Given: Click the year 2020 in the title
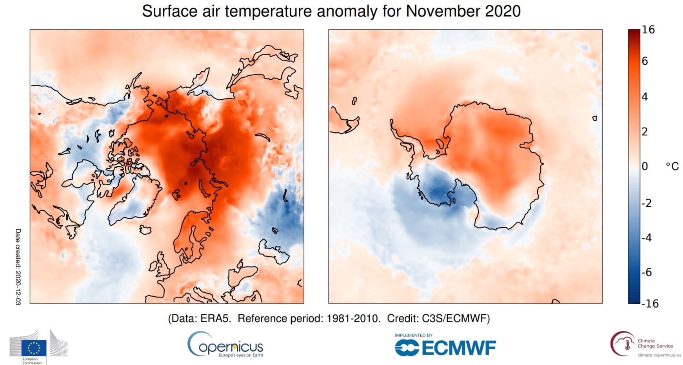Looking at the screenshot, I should tap(503, 11).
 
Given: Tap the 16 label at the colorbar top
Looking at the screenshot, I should tap(648, 30).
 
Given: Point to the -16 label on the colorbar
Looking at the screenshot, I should tap(650, 303).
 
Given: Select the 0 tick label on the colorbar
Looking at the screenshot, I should tap(645, 166).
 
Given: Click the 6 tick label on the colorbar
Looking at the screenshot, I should tap(645, 61).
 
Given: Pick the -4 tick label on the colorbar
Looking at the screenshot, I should tap(647, 237).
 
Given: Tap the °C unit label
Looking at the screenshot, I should tap(672, 166).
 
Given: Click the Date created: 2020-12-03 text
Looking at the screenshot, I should tap(18, 267).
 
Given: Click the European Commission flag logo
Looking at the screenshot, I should tap(34, 347).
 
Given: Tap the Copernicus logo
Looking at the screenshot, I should tap(225, 345).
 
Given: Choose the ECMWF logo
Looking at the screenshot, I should tap(445, 348).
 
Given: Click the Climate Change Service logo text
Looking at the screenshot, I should tap(655, 343).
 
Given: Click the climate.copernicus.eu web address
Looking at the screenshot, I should tap(659, 355).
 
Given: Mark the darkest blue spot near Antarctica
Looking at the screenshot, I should tap(439, 192).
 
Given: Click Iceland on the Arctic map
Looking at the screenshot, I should tap(145, 230).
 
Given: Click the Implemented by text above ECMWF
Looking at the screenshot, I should tap(413, 335).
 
